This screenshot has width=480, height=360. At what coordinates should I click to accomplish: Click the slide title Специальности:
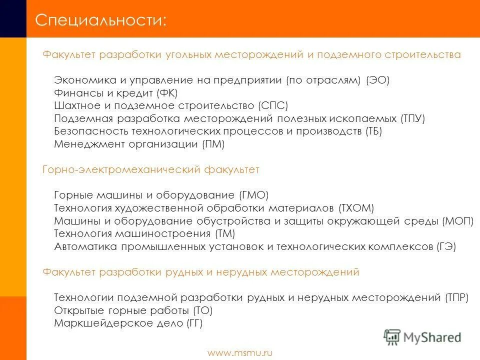click(x=101, y=20)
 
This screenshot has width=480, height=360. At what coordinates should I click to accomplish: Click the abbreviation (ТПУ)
click(x=412, y=119)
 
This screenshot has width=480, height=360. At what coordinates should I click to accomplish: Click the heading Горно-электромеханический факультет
click(x=150, y=170)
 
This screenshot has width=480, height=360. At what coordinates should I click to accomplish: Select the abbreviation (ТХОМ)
click(x=356, y=208)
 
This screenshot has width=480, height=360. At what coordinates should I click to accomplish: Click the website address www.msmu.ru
click(x=240, y=353)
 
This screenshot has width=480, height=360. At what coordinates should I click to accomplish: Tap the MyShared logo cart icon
click(x=392, y=336)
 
